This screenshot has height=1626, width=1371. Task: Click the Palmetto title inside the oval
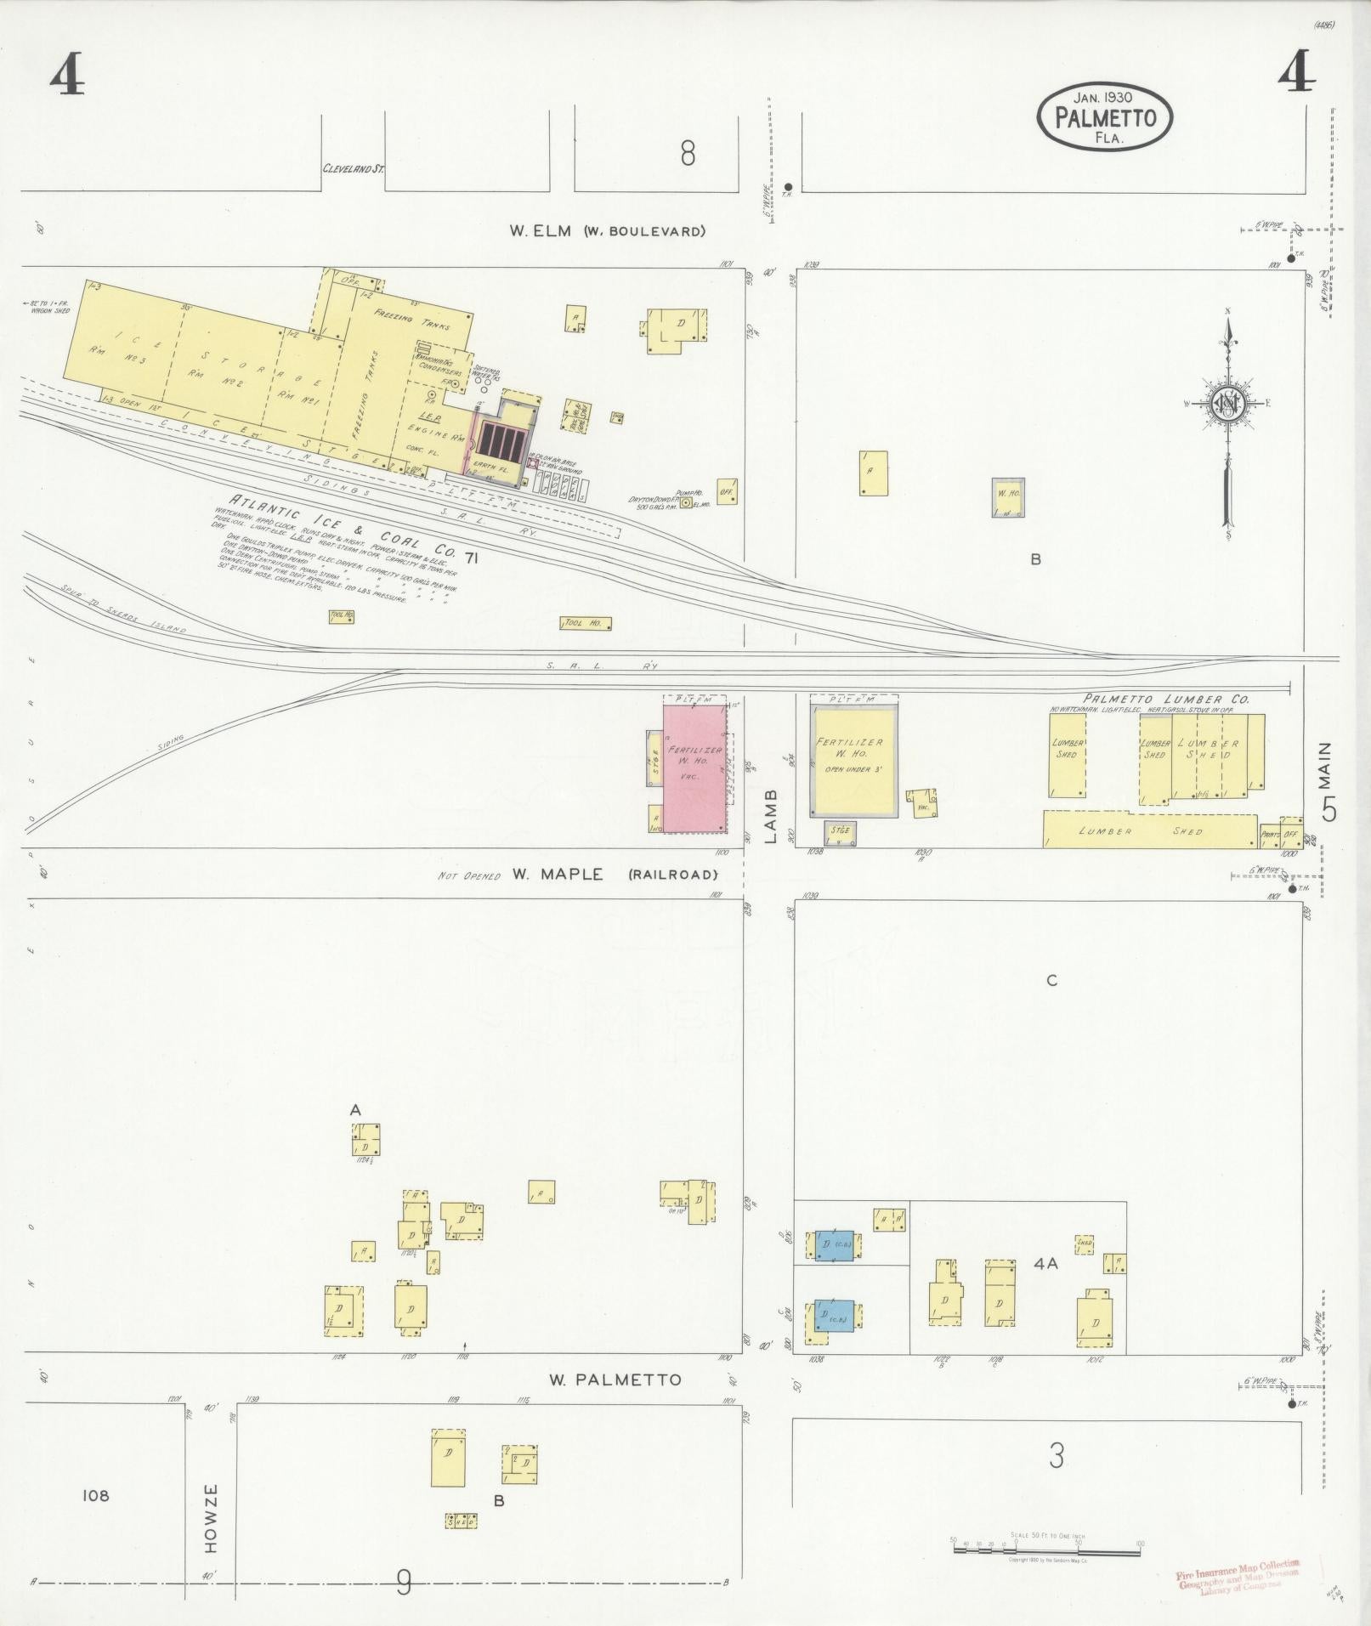(x=1105, y=118)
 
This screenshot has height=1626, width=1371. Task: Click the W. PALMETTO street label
(x=615, y=1379)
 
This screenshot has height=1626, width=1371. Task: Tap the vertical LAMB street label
(x=771, y=816)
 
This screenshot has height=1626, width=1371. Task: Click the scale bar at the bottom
(x=1046, y=1549)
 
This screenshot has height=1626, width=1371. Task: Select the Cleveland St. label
(x=353, y=169)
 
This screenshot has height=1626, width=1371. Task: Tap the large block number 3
(x=1056, y=1457)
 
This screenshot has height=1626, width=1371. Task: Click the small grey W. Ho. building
(x=1008, y=497)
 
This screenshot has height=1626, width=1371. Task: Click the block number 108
(x=96, y=1496)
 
